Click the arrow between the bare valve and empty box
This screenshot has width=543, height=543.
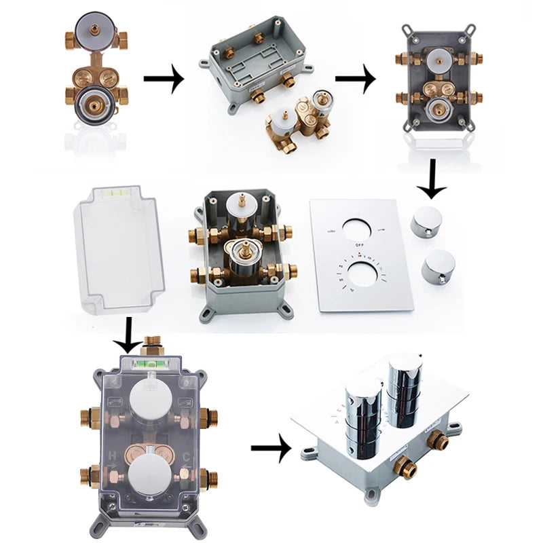point(164,79)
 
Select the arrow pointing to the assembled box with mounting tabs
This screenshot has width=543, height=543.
point(355,79)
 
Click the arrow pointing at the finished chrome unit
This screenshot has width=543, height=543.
point(271,449)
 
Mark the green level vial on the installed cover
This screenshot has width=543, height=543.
point(149,363)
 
